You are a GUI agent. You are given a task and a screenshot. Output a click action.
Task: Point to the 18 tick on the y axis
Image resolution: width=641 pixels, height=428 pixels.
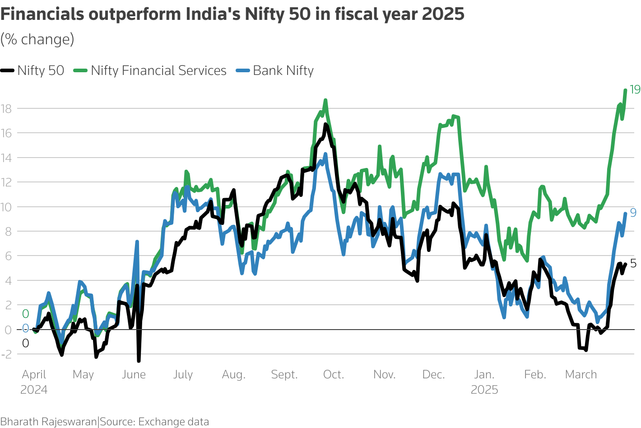pos(6,108)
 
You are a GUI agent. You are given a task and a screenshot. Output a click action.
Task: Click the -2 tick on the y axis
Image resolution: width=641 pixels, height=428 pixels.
pos(6,354)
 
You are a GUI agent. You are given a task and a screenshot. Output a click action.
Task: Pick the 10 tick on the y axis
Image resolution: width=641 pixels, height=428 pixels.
pos(6,207)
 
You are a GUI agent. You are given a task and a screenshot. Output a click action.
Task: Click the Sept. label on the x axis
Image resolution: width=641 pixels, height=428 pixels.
pos(284,375)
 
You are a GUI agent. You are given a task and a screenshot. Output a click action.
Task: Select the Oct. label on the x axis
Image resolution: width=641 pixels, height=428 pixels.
pos(334,375)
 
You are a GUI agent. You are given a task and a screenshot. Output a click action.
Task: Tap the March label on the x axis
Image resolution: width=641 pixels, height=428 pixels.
pos(581,375)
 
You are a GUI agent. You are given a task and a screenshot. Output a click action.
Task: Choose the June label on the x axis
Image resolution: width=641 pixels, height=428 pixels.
pos(134,375)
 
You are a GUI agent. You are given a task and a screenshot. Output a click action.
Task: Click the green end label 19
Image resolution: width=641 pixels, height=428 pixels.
pos(635,89)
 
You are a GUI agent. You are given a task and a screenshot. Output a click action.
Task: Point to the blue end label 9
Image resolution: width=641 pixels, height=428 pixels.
pos(633,213)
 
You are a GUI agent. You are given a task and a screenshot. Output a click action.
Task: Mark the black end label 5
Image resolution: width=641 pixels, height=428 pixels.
pos(633,263)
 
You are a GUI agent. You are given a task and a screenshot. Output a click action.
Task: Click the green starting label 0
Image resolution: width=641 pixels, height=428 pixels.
pos(26,314)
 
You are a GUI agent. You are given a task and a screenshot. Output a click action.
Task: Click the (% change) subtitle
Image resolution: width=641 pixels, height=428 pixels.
pos(37,40)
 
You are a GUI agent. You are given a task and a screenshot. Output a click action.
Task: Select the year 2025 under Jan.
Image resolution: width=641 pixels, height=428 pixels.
pos(484,390)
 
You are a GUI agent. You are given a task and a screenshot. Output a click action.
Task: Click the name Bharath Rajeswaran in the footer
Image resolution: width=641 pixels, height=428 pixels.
pos(48,422)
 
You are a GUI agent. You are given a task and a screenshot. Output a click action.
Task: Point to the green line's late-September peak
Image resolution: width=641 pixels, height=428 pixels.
pos(325,100)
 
